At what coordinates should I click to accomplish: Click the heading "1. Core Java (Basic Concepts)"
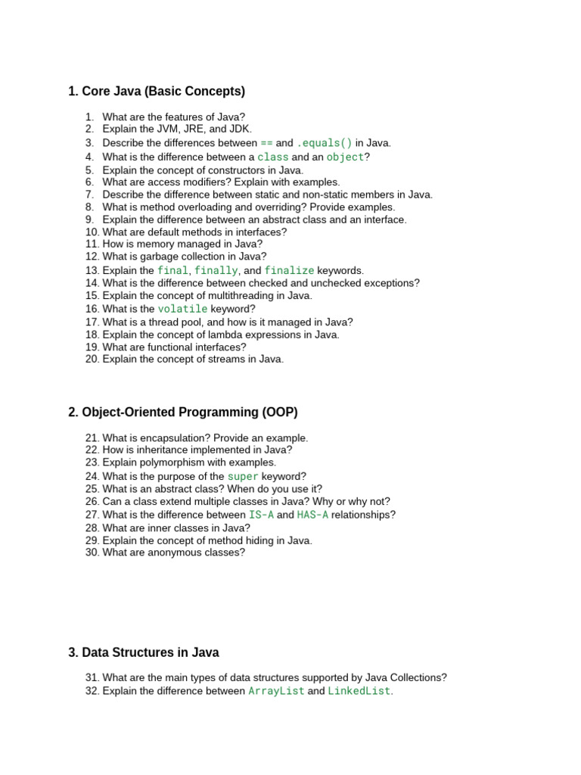point(157,92)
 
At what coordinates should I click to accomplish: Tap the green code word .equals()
point(325,143)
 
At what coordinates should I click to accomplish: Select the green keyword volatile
point(182,309)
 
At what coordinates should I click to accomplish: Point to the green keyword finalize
point(289,270)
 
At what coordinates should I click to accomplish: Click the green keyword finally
point(216,270)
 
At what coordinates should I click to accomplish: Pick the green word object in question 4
point(345,157)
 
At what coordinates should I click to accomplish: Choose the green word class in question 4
point(273,157)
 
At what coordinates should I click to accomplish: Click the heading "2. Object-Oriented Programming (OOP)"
point(183,412)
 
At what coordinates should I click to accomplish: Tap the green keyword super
point(243,477)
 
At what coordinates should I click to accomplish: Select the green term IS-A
point(261,515)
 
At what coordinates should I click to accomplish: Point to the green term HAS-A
point(312,515)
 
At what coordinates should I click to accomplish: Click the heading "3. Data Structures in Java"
point(144,652)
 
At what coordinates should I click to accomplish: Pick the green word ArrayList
point(276,691)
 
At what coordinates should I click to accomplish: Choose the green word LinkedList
point(359,691)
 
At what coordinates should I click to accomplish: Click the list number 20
point(92,359)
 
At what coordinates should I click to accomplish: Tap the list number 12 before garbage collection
point(92,257)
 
